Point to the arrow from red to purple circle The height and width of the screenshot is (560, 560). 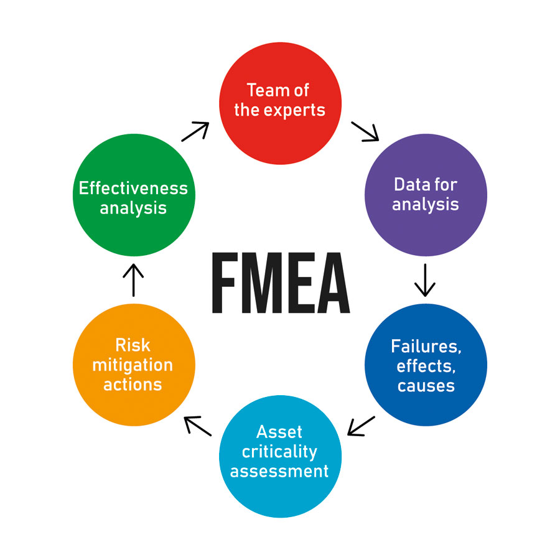click(365, 131)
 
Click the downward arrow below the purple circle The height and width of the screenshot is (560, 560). click(425, 280)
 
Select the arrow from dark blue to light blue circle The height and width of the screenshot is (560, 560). click(361, 426)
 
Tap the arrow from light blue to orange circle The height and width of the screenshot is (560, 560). click(198, 426)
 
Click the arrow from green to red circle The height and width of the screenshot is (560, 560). click(195, 131)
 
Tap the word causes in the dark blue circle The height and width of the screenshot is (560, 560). click(426, 385)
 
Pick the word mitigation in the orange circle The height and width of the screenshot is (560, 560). click(133, 365)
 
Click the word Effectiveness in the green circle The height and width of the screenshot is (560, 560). click(133, 187)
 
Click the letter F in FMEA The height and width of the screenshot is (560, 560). click(226, 282)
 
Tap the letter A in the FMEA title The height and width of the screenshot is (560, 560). click(331, 282)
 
